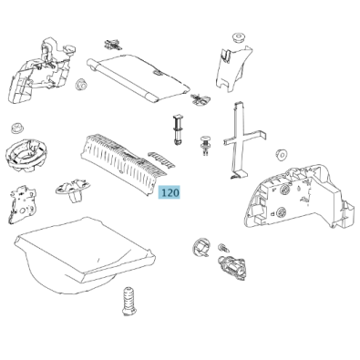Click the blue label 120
[x=170, y=192]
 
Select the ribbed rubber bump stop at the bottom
[x=129, y=301]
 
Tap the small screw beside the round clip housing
[x=222, y=247]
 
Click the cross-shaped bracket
[x=243, y=140]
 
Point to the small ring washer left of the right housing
[x=282, y=154]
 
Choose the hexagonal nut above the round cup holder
[x=18, y=129]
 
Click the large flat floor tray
[x=84, y=255]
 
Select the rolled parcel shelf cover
[x=139, y=77]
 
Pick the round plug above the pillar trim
[x=238, y=37]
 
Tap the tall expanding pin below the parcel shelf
[x=177, y=130]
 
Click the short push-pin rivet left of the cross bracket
[x=206, y=146]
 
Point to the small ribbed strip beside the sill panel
[x=161, y=159]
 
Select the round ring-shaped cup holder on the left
[x=26, y=155]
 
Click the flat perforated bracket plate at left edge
[x=23, y=204]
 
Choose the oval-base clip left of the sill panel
[x=73, y=190]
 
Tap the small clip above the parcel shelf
[x=113, y=44]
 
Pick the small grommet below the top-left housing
[x=81, y=85]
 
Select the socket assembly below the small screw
[x=232, y=266]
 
